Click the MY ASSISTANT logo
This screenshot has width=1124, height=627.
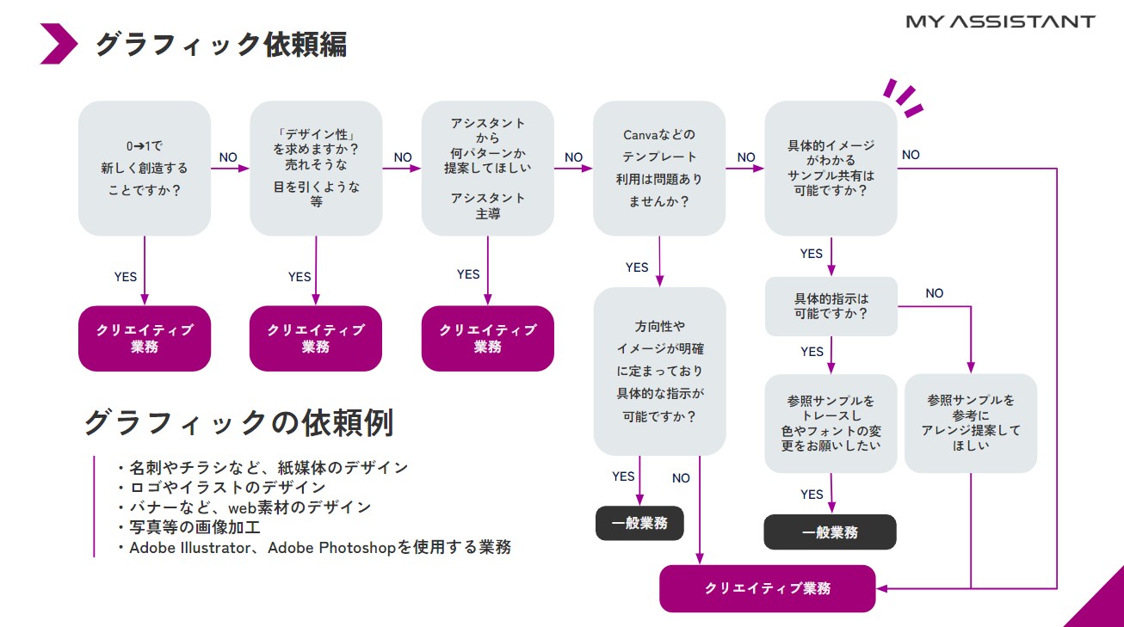tap(1000, 22)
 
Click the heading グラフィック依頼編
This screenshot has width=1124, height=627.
tap(220, 44)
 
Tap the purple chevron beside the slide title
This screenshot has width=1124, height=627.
tap(59, 44)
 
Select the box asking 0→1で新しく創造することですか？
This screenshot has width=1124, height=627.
tap(145, 169)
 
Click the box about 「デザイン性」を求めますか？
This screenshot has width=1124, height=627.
tap(316, 169)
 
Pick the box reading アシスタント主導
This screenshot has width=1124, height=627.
tap(487, 169)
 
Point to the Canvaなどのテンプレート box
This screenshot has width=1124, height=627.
tap(659, 169)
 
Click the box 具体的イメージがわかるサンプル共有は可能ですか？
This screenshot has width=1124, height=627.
tap(831, 169)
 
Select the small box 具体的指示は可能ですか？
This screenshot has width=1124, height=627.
tap(831, 306)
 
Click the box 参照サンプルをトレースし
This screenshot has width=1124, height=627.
tap(831, 423)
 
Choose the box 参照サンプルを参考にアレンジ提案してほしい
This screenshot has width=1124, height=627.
tap(971, 423)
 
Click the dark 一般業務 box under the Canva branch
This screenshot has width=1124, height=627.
tap(639, 523)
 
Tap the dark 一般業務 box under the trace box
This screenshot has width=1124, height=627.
tap(830, 532)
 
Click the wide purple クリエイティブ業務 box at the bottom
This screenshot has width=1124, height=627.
tap(767, 588)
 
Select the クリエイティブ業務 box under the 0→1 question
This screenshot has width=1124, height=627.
tap(145, 339)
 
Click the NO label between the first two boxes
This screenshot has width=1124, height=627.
tap(228, 157)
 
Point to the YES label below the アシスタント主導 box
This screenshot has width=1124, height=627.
tap(468, 274)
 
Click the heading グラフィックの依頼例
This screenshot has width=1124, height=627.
tap(238, 422)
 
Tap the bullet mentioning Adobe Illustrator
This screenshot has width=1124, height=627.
tap(319, 548)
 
